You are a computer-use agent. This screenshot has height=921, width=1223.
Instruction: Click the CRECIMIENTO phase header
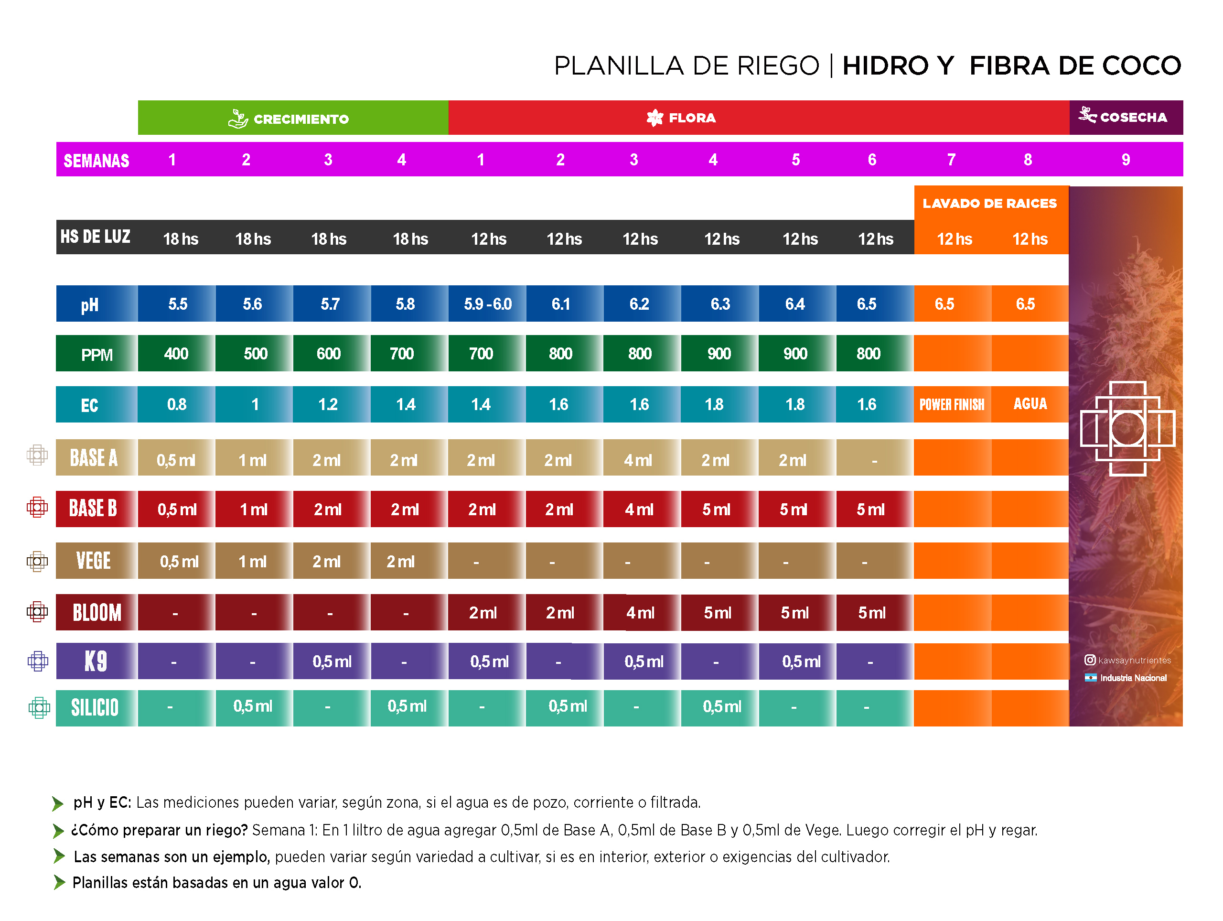(x=292, y=119)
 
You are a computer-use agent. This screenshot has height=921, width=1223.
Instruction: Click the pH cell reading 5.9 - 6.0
(x=487, y=303)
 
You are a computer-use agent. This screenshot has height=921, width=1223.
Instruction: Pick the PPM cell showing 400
(x=176, y=354)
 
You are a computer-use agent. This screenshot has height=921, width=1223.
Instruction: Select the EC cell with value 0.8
(x=176, y=404)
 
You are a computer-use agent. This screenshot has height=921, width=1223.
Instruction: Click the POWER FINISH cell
(x=952, y=404)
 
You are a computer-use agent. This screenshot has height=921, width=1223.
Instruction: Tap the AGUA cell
(x=1030, y=404)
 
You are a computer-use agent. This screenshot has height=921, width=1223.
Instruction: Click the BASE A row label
(x=94, y=458)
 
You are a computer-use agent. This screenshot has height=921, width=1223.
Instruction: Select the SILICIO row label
(x=95, y=707)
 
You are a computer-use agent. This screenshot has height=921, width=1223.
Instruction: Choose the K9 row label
(x=95, y=661)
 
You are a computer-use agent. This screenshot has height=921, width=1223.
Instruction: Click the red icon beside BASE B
(x=37, y=507)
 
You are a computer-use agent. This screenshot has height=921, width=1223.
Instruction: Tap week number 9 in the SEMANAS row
(x=1125, y=160)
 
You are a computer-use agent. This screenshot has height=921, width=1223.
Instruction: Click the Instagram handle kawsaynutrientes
(x=1134, y=660)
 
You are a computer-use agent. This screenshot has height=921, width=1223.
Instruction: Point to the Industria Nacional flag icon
(x=1090, y=678)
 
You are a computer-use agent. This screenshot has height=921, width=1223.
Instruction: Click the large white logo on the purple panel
(x=1127, y=428)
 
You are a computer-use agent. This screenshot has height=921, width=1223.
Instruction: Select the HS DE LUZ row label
(x=95, y=237)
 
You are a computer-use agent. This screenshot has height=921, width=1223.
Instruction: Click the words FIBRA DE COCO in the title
(x=1074, y=66)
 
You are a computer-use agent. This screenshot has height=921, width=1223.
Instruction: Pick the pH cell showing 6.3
(x=719, y=303)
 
